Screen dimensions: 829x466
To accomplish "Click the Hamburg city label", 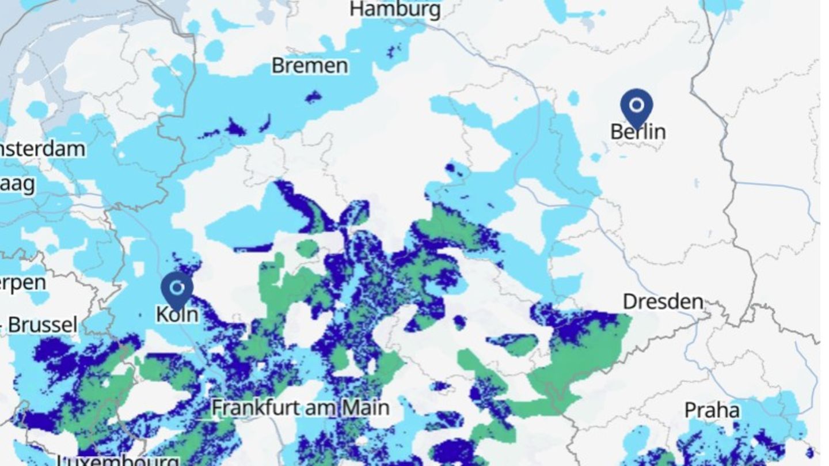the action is pos(395,9).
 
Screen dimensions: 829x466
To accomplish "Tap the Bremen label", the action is pos(309,66).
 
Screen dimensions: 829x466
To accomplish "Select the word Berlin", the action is pos(638,132).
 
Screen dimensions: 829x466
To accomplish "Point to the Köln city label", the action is pos(177,314).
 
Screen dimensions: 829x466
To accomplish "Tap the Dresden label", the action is pos(663,302).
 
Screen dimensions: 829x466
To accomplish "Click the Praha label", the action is pos(712,411).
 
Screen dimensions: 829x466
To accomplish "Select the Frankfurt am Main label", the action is pos(300,408).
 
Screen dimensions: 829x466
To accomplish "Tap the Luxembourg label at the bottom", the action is pos(117,460).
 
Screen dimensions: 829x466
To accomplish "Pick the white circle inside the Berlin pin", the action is pos(636,105).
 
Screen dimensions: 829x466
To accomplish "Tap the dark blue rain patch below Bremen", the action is pos(313,97).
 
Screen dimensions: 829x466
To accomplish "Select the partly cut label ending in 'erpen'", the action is pos(22,283).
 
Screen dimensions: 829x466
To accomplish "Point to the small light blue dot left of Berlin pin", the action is pos(573,98).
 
